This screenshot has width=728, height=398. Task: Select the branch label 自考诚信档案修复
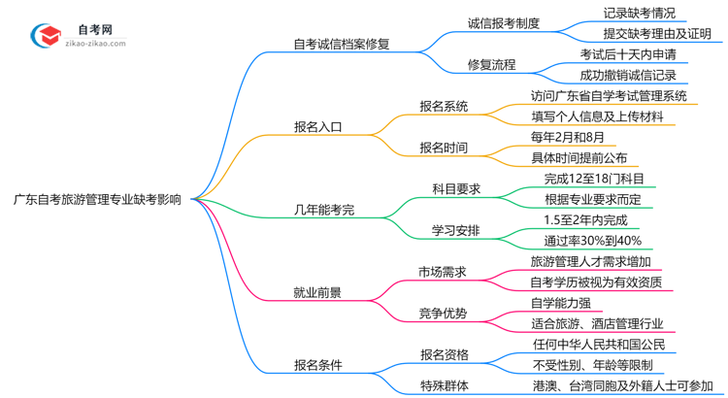tap(341, 45)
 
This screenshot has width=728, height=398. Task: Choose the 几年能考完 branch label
tap(324, 208)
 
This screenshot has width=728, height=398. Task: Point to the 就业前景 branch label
tap(317, 291)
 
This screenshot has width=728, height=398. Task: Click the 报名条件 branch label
tap(317, 365)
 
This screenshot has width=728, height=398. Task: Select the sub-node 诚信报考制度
tap(504, 22)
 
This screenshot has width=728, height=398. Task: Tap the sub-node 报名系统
tap(444, 106)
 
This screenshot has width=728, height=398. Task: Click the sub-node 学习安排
tap(455, 230)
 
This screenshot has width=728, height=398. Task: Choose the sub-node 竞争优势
tap(443, 313)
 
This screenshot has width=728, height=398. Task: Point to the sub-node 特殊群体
tap(444, 386)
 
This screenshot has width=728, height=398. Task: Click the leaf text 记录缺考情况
tap(639, 14)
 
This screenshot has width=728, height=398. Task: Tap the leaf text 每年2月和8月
tap(572, 138)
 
